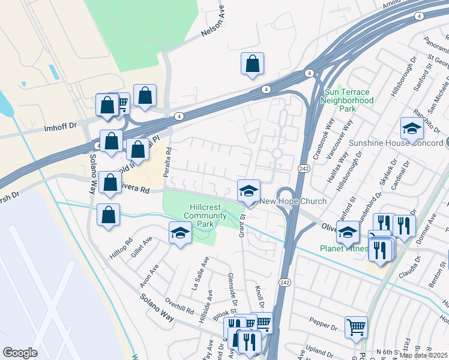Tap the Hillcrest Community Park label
tap(201, 215)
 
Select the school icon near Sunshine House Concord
tap(412, 128)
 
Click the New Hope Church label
tap(292, 202)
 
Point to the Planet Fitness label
tap(343, 248)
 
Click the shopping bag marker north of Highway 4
tap(253, 64)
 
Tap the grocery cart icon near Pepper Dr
tap(356, 327)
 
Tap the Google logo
tap(20, 353)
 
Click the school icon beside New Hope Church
tap(249, 191)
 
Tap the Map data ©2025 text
tap(423, 355)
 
